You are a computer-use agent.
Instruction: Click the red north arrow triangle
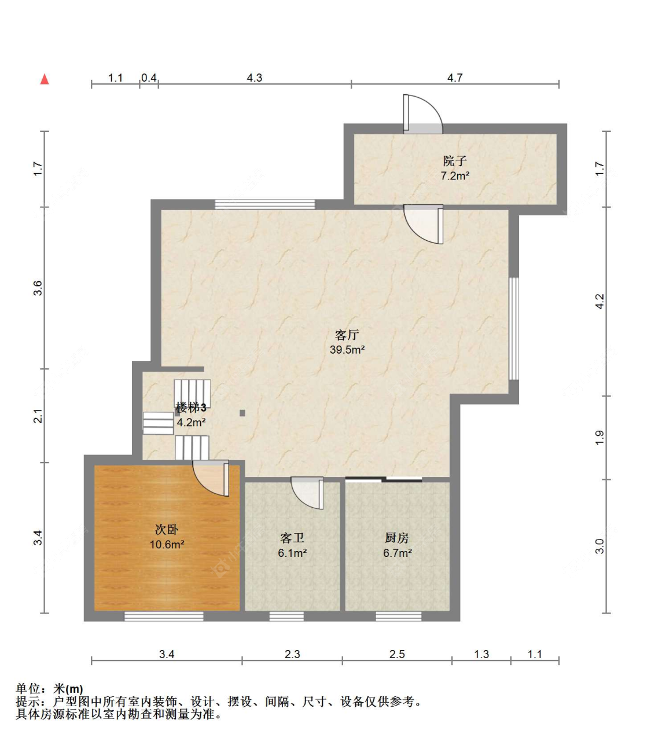pos(45,79)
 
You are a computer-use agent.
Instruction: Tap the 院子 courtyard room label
pos(455,160)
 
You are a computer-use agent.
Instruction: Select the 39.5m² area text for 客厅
pos(347,350)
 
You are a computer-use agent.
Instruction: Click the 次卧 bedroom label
pos(167,529)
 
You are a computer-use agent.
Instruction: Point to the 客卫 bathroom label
pos(292,537)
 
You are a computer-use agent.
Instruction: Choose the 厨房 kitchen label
pos(397,537)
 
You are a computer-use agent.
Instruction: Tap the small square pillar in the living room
pos(242,413)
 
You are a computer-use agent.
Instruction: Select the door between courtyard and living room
pos(424,224)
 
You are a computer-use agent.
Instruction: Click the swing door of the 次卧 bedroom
pos(211,478)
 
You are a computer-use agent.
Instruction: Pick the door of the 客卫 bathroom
pos(307,493)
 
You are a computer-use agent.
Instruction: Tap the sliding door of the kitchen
pos(384,479)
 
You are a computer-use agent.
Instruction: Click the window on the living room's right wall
pos(514,329)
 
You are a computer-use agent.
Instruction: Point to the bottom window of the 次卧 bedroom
pos(164,616)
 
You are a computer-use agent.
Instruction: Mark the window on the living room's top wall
pos(265,204)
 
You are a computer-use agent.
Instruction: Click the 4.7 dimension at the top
pos(455,78)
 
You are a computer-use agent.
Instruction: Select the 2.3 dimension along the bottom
pos(292,654)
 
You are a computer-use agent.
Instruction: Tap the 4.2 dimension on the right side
pos(599,301)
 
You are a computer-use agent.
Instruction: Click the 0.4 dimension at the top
pos(149,78)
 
